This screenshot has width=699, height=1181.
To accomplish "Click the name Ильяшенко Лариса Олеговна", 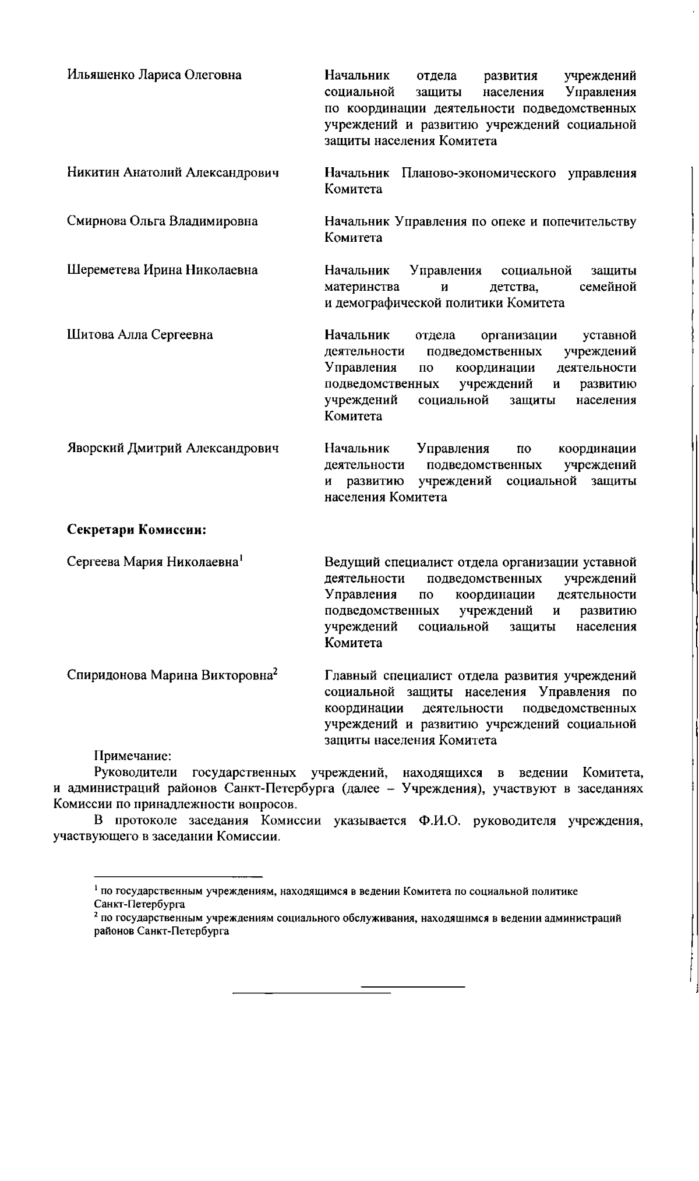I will click(154, 75).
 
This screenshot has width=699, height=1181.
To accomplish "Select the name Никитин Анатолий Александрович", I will click(173, 173).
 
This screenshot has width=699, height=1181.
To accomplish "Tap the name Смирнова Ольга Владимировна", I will click(163, 221).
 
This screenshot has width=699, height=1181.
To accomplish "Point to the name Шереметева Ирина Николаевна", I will click(163, 270).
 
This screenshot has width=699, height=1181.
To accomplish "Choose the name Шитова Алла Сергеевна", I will click(140, 335).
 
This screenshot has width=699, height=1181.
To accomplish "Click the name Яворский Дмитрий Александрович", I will click(173, 448).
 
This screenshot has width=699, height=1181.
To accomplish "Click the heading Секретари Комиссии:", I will click(137, 530).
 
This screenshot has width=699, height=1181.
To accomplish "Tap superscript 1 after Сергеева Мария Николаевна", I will click(241, 558).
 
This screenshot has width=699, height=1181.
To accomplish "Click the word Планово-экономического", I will click(478, 174).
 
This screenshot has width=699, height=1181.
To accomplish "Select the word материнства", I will click(362, 287).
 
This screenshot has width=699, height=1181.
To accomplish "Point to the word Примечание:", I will click(132, 756).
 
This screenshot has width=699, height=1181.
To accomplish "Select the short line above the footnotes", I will click(178, 876).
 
